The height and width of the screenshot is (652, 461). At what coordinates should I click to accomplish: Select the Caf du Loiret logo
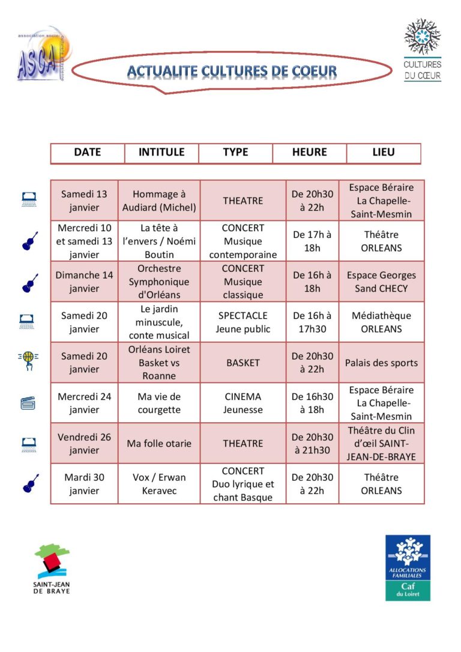(x=408, y=567)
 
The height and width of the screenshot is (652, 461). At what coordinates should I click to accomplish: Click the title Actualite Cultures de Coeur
(x=232, y=72)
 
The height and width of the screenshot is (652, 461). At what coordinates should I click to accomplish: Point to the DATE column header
(x=88, y=152)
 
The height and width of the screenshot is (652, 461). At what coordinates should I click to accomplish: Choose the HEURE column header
(x=309, y=152)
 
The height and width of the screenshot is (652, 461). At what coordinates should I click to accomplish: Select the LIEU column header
(x=384, y=152)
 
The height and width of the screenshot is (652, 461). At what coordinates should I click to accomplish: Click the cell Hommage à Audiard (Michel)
(x=159, y=201)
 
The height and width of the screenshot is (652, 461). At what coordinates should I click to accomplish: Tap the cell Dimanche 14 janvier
(x=84, y=282)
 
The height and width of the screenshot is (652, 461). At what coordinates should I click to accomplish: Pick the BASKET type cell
(x=243, y=363)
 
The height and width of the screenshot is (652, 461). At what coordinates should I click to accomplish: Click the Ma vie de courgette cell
(x=159, y=403)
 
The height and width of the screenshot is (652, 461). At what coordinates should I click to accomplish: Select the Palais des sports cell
(x=381, y=363)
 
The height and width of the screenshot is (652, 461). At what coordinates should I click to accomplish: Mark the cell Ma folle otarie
(x=159, y=444)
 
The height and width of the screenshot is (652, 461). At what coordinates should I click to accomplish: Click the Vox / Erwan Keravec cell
(x=159, y=484)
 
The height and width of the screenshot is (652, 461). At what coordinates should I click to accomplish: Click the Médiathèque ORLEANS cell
(x=381, y=322)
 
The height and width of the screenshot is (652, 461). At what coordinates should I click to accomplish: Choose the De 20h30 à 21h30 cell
(x=312, y=444)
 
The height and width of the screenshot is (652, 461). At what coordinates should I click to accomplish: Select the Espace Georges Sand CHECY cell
(x=381, y=282)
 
